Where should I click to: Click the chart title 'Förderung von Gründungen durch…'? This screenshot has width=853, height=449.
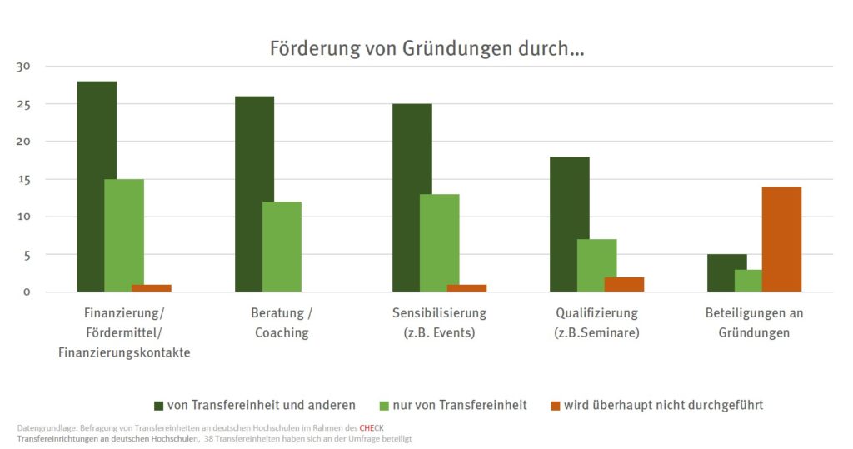point(426,47)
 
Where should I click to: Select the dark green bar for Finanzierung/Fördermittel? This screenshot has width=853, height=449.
point(97,187)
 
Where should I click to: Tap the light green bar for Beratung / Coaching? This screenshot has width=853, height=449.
point(282,247)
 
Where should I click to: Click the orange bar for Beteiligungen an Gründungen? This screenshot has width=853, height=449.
point(781,239)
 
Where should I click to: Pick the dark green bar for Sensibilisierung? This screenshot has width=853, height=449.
point(412,197)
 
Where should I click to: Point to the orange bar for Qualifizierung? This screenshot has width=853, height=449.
point(624,284)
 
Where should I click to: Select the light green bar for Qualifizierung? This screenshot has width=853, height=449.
point(596,265)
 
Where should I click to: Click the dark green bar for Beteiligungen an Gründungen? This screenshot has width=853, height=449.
point(726,272)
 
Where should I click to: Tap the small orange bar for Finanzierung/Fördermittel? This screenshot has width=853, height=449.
point(152,288)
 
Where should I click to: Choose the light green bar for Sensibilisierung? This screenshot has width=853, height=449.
point(439,242)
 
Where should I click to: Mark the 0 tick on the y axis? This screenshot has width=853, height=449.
point(27,292)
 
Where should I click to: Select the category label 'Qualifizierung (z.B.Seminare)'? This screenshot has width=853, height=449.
point(596,323)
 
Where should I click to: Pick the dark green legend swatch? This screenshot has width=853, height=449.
point(159,406)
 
